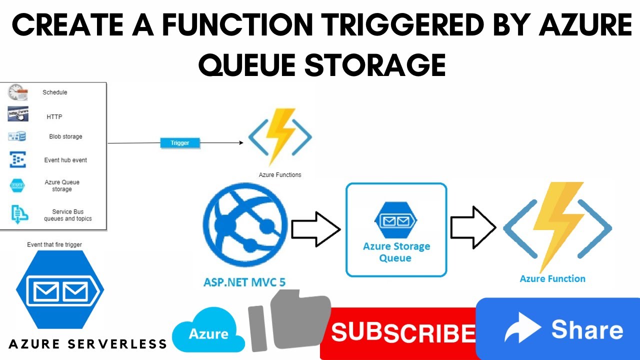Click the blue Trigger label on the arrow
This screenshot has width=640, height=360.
(x=180, y=143)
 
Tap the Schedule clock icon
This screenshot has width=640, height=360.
(x=17, y=92)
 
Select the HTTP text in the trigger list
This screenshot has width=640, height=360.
(x=54, y=117)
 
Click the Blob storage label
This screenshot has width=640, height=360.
(x=65, y=136)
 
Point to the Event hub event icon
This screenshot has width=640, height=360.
(x=18, y=159)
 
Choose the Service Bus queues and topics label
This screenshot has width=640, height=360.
(x=68, y=215)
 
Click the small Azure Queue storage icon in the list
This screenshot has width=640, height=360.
(x=18, y=185)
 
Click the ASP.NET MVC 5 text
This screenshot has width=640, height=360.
(x=244, y=281)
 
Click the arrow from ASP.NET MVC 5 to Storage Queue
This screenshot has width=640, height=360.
(x=315, y=229)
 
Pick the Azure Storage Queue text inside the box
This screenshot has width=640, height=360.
(x=396, y=252)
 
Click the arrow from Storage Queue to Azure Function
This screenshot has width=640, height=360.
(x=473, y=229)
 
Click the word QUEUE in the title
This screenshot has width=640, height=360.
(x=249, y=64)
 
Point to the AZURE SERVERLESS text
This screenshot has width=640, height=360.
(x=88, y=343)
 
